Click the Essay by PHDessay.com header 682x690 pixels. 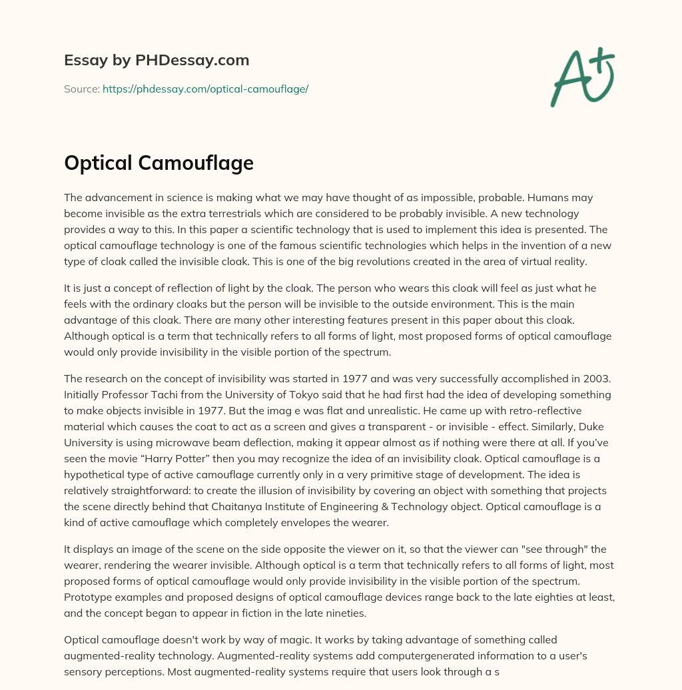pos(157,61)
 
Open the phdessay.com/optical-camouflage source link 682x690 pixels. pos(205,89)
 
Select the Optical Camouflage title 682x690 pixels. pos(159,163)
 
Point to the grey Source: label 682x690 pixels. pos(82,89)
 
